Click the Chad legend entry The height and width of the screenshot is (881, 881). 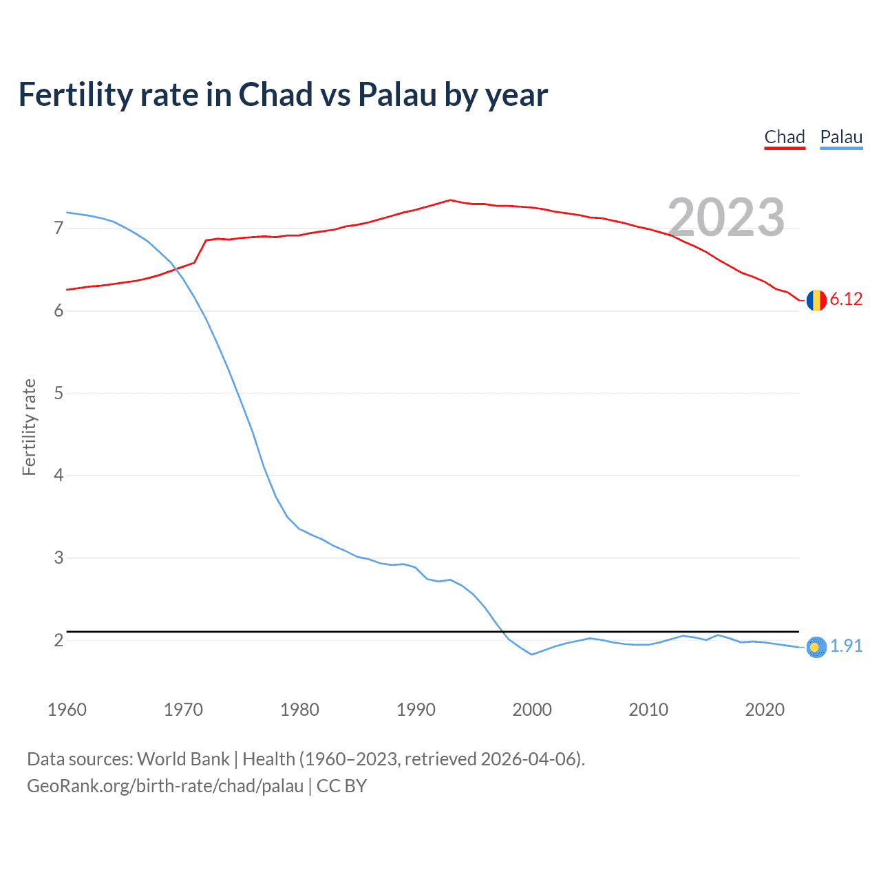click(x=785, y=137)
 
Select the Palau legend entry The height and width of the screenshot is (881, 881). click(x=841, y=137)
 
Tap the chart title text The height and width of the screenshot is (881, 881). click(x=283, y=95)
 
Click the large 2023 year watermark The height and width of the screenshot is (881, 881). click(x=726, y=217)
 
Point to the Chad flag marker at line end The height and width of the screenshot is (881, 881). click(x=816, y=300)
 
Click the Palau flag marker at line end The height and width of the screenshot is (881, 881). click(x=816, y=647)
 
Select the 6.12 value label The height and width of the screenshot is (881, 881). click(x=846, y=299)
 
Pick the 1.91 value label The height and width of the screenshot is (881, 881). click(x=846, y=646)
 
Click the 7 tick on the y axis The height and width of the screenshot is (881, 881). click(x=59, y=228)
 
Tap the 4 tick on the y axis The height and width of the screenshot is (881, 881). click(x=59, y=475)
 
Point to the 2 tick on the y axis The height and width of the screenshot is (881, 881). click(x=59, y=640)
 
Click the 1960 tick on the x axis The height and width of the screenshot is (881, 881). click(x=67, y=710)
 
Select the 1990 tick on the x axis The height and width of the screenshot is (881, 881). click(x=416, y=710)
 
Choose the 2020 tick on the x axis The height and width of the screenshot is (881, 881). click(x=765, y=710)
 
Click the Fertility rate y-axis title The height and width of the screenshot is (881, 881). click(x=29, y=427)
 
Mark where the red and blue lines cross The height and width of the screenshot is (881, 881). click(x=176, y=268)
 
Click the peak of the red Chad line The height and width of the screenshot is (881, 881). click(x=450, y=200)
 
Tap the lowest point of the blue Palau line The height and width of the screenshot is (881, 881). click(x=532, y=655)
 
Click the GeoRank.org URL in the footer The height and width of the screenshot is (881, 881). click(x=165, y=786)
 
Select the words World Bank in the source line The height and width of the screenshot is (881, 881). click(x=183, y=759)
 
